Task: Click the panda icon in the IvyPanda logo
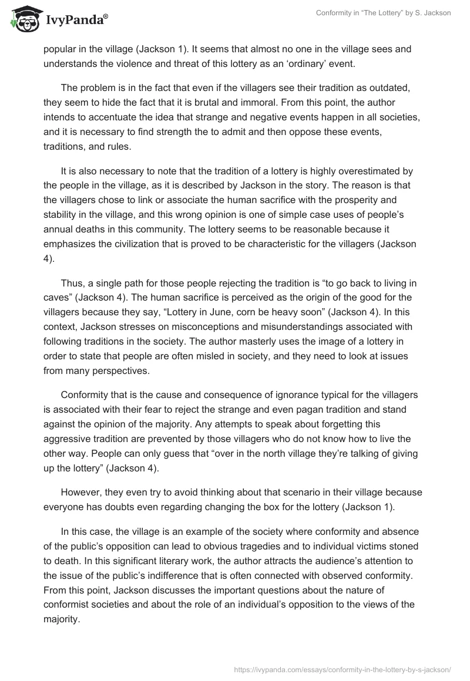click(22, 19)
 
